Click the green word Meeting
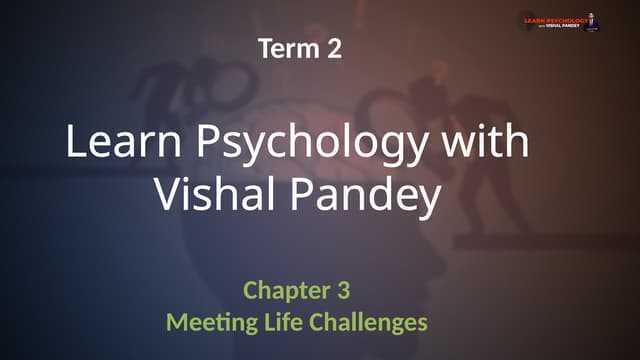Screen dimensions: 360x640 (207, 324)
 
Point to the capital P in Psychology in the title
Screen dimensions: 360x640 (214, 143)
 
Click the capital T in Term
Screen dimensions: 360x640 (265, 48)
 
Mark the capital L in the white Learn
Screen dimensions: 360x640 (75, 143)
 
